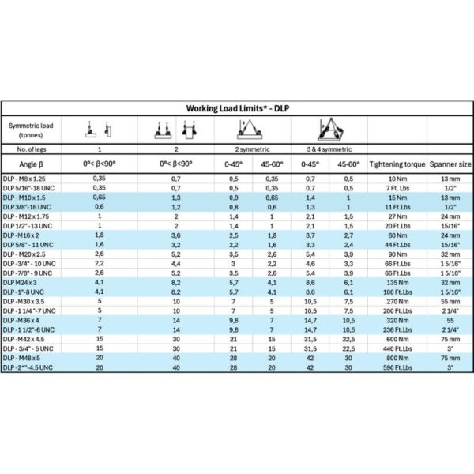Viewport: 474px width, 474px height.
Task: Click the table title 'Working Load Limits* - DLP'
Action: (x=237, y=108)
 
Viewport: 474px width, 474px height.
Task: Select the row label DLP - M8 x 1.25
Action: (x=26, y=179)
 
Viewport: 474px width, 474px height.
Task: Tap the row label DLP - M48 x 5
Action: (x=24, y=358)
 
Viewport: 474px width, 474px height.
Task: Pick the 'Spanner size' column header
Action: (x=450, y=164)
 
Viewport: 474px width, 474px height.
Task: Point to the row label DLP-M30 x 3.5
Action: (x=27, y=301)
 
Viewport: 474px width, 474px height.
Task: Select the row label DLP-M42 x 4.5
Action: (x=27, y=339)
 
